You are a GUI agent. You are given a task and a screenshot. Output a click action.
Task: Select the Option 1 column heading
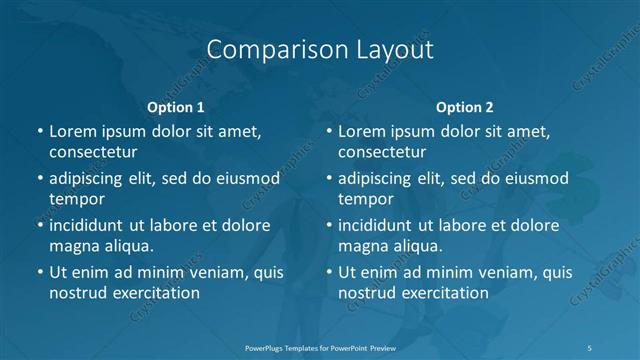tap(176, 107)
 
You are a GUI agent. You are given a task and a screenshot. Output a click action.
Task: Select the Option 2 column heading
tap(465, 107)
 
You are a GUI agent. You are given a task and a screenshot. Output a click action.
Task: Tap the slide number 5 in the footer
tap(590, 348)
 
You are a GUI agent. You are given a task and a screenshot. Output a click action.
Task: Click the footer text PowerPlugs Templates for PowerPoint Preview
tap(319, 348)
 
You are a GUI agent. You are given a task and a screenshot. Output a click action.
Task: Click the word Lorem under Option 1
tap(74, 131)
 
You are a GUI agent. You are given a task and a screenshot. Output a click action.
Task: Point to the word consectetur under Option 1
tap(93, 152)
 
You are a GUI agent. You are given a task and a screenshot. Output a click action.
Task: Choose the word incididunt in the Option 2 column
tap(383, 225)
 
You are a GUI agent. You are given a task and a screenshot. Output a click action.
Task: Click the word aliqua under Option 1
tap(129, 246)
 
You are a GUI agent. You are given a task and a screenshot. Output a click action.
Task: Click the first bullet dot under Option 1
tap(39, 131)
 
